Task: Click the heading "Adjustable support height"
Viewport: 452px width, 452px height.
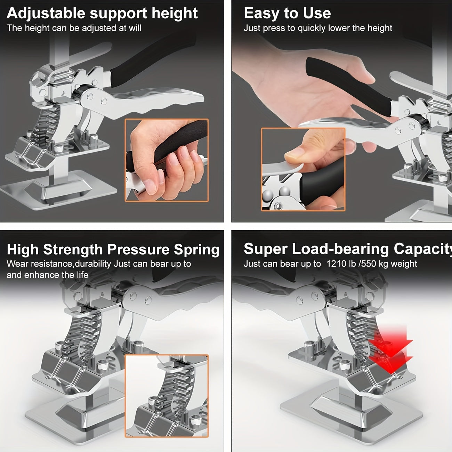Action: (x=102, y=13)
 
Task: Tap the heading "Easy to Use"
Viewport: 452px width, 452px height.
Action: (x=287, y=13)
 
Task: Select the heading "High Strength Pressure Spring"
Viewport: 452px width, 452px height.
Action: (x=113, y=250)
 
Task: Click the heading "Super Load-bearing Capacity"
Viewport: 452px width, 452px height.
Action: (x=348, y=249)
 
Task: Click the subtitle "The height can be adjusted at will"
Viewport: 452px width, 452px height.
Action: (x=74, y=28)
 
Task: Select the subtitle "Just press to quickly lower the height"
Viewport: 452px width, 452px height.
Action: (x=318, y=28)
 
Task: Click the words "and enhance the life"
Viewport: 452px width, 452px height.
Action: (x=47, y=275)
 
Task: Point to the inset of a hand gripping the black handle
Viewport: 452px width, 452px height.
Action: (x=167, y=160)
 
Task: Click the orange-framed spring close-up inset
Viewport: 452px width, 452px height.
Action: (x=167, y=396)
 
